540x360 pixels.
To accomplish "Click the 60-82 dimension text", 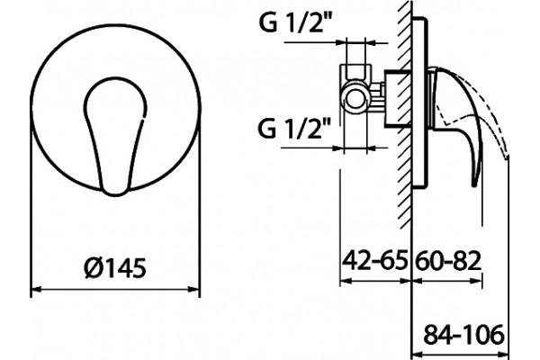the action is [x=447, y=261].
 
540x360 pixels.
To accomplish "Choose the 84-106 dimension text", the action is [x=463, y=335].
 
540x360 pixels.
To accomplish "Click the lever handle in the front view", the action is [x=115, y=136].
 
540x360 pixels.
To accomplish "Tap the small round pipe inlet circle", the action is [x=354, y=99].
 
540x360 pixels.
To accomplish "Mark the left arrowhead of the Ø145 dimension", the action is [x=37, y=289].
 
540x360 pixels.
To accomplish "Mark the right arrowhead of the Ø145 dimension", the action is [x=193, y=289].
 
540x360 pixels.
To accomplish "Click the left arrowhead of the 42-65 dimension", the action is [x=346, y=281].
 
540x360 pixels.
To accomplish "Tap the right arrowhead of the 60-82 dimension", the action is [x=476, y=281].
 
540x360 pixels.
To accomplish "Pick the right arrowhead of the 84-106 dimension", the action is [x=503, y=355].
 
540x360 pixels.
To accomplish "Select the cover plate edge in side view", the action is [x=421, y=103].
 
